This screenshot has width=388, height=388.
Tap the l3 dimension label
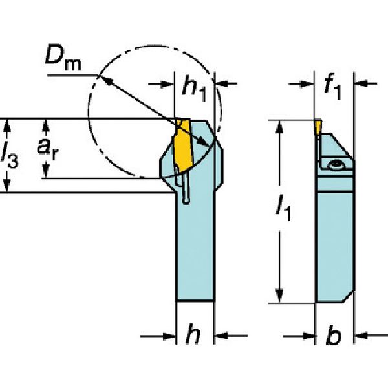(10, 155)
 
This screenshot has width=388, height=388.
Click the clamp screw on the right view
(336, 166)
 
